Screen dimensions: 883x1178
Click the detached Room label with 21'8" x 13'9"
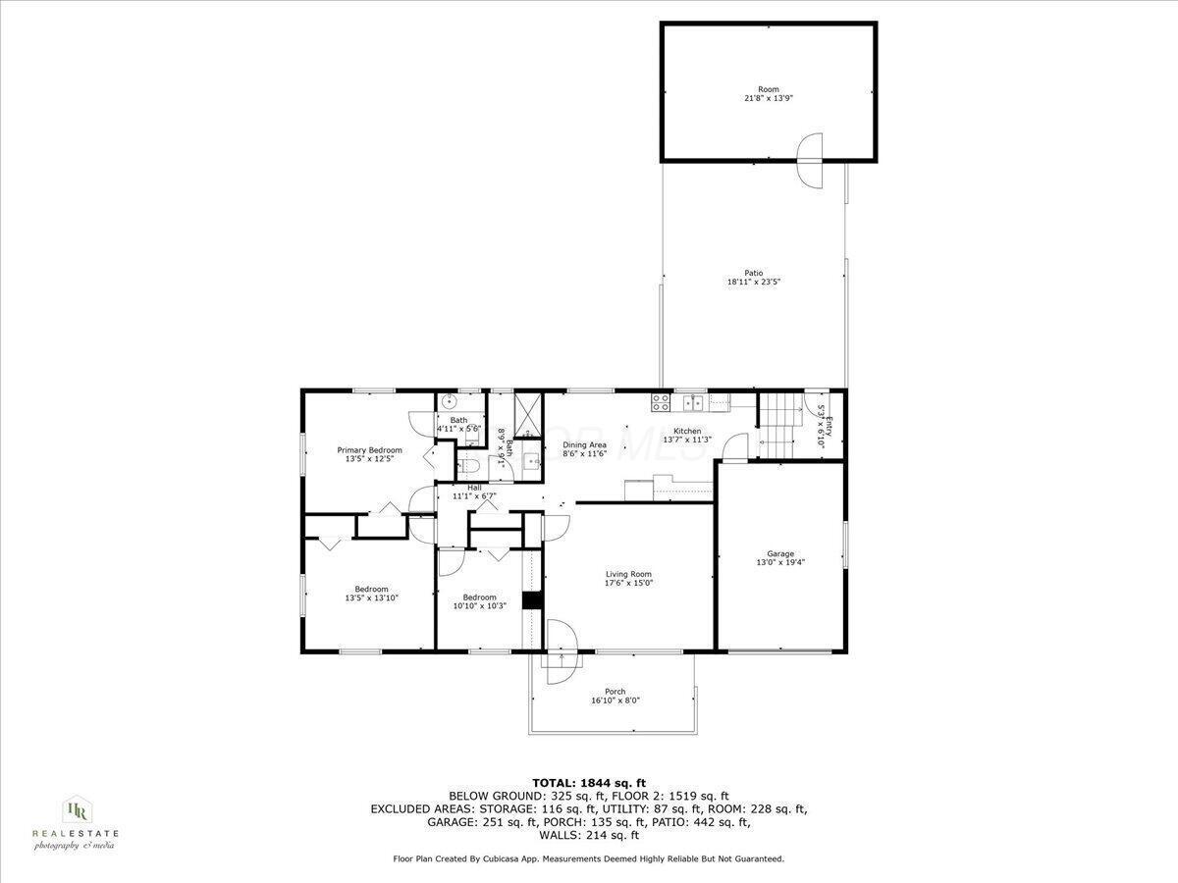pos(768,94)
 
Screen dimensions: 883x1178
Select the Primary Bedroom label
pos(369,450)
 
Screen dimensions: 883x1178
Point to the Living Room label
pos(628,575)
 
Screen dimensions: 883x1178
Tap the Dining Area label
pos(584,445)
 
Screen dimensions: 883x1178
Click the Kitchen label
pos(687,432)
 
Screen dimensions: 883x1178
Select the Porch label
pos(616,692)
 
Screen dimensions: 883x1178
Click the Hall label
pos(474,488)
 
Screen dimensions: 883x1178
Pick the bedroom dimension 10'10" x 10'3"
pos(480,606)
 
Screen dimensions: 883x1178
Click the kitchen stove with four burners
pos(660,401)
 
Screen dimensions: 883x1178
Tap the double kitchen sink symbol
pos(693,401)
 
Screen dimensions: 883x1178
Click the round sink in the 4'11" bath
pos(449,400)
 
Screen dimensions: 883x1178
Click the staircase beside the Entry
pos(782,424)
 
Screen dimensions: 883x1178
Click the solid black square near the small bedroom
pos(532,600)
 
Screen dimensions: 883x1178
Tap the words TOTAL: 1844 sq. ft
pos(588,782)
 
